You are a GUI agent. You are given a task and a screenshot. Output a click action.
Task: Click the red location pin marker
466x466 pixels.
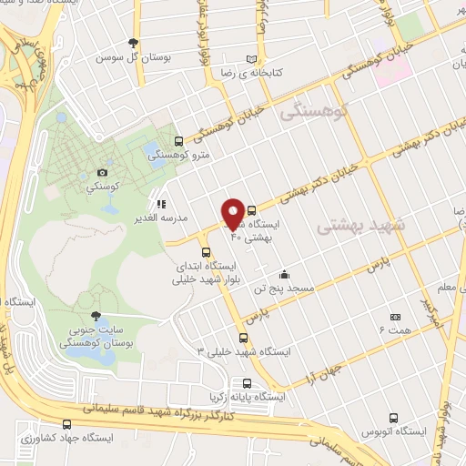tap(233, 214)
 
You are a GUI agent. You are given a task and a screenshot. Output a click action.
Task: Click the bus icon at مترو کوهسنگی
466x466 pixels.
tap(177, 141)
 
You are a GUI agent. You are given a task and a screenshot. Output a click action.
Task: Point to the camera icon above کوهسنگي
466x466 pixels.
tap(102, 172)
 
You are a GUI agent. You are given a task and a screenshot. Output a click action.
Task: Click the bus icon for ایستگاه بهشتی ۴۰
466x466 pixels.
tap(252, 209)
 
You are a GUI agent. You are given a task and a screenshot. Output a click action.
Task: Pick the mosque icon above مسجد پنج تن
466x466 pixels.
tap(284, 274)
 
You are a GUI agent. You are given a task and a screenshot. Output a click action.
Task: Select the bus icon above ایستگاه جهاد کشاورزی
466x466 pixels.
tap(66, 424)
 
